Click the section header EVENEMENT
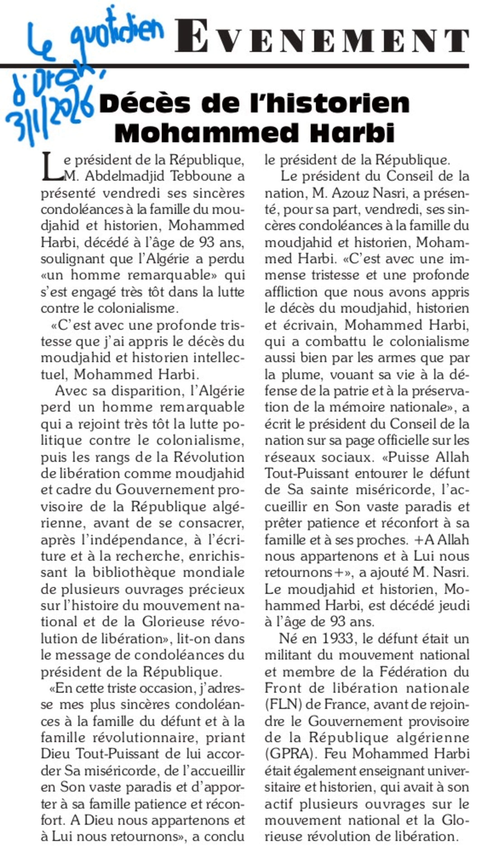tap(321, 36)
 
